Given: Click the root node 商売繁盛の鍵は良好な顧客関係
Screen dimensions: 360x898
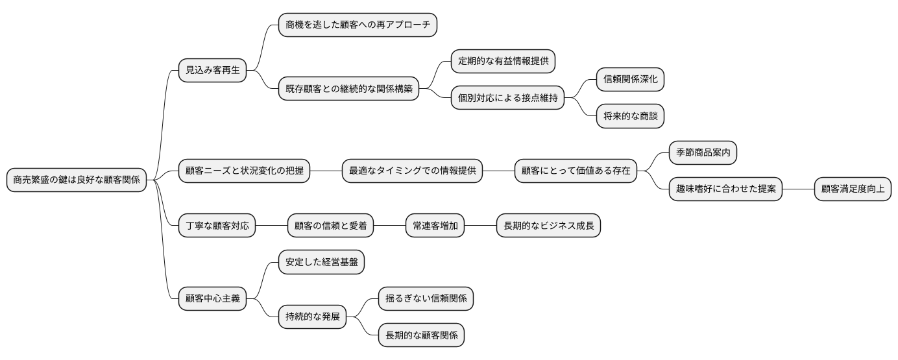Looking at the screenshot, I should click(77, 180).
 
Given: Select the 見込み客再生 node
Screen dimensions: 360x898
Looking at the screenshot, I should click(213, 70).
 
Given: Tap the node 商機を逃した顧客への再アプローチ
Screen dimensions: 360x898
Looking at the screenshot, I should click(358, 25).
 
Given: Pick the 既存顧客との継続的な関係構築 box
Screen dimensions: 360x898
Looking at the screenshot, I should click(348, 89).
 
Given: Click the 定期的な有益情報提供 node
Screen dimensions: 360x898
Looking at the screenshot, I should click(503, 62).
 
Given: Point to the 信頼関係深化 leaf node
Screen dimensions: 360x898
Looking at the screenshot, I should click(630, 80).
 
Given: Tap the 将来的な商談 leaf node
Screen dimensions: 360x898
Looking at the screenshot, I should click(630, 116).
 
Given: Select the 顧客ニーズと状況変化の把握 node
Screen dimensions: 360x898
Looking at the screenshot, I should click(244, 171).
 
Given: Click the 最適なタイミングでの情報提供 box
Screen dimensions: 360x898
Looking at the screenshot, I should click(412, 171).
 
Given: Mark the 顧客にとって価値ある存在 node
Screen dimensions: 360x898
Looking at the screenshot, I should click(576, 171).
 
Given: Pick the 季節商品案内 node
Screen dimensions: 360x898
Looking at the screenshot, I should click(703, 153).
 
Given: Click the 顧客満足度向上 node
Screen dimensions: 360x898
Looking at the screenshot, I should click(852, 189).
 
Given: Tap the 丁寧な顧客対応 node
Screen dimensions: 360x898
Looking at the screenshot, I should click(217, 226).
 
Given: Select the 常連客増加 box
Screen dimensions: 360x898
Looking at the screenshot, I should click(435, 226).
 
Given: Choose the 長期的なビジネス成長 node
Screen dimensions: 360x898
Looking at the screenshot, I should click(548, 226).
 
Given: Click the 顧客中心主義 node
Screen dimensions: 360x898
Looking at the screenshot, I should click(213, 299).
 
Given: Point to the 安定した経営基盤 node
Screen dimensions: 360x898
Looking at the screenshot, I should click(321, 263).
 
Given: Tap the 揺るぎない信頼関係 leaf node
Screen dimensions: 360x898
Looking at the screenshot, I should click(426, 299).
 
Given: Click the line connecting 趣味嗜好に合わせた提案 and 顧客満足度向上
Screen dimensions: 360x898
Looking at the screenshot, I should click(797, 189).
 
